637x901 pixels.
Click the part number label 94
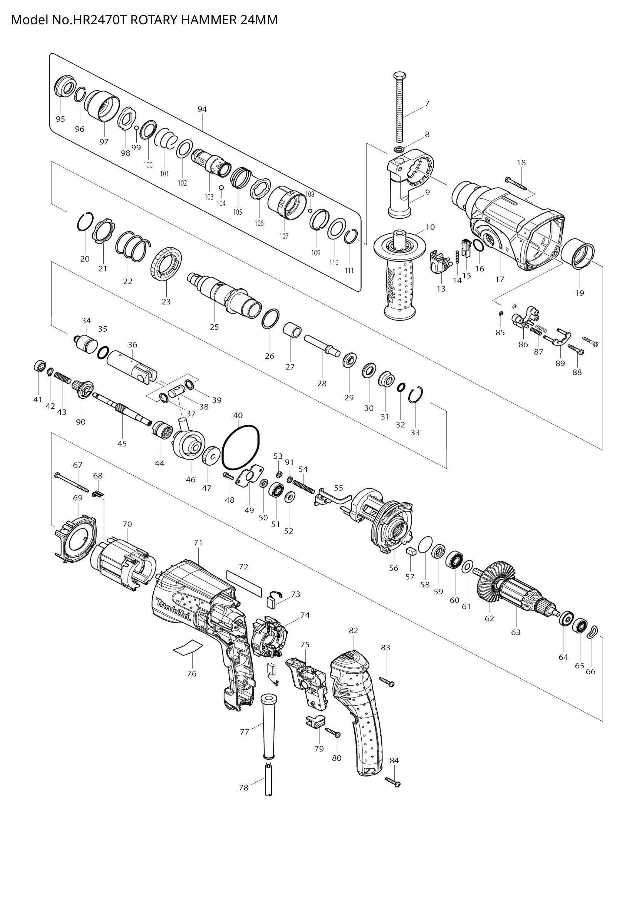click(x=202, y=109)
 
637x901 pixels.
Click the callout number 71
click(x=198, y=543)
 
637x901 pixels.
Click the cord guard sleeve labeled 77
click(x=268, y=727)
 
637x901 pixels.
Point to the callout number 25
click(x=214, y=327)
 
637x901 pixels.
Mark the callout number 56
click(x=394, y=568)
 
